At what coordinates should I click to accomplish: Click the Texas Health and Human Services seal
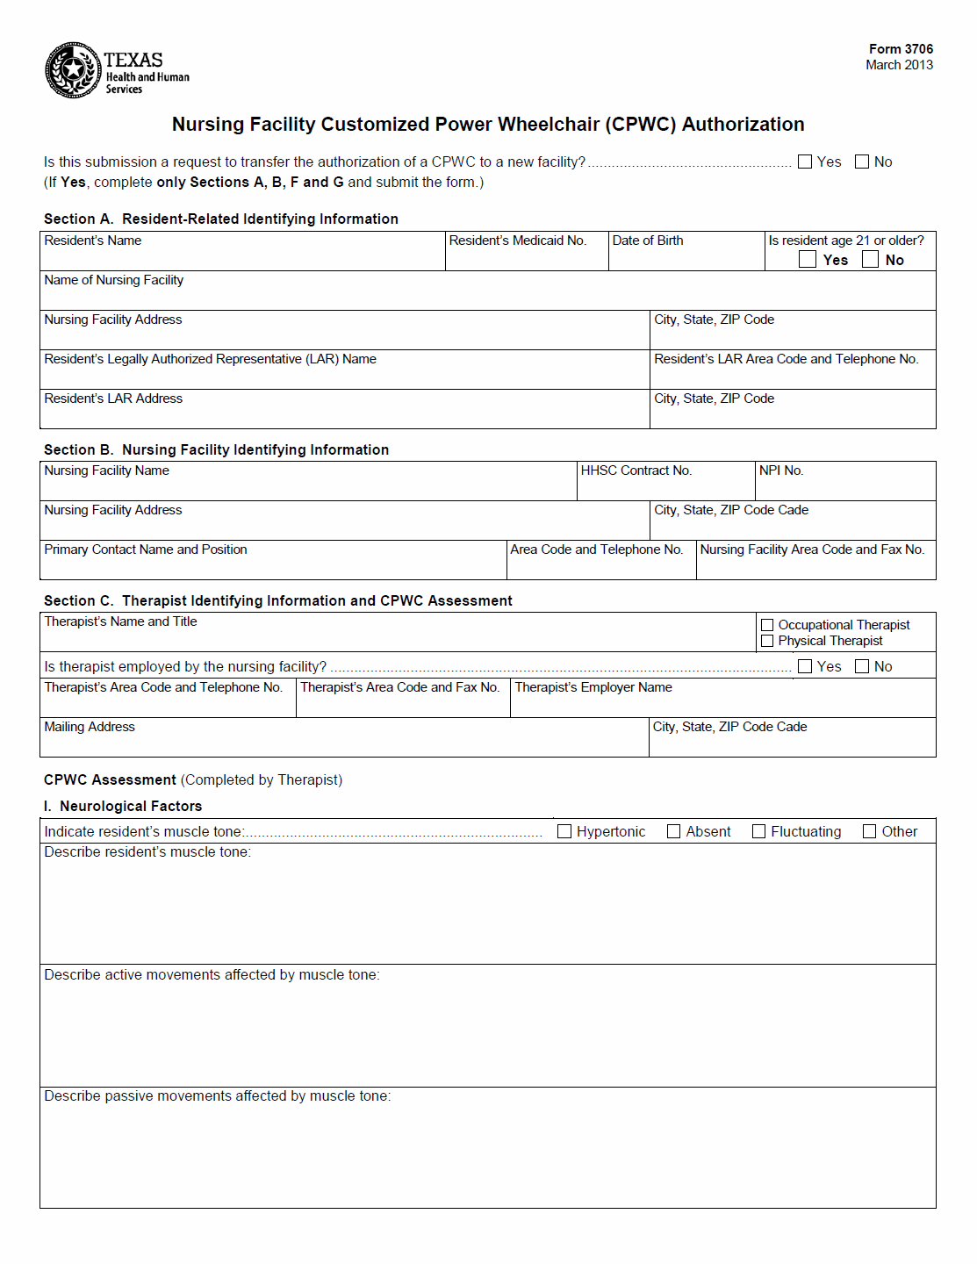[74, 69]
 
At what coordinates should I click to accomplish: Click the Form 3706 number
[901, 49]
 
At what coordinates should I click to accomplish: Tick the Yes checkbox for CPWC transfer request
[805, 162]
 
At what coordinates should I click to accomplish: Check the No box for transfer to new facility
[862, 162]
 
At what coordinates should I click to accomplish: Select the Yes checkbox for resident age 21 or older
[808, 259]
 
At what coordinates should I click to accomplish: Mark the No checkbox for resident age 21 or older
[870, 259]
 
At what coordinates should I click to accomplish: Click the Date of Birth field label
[648, 241]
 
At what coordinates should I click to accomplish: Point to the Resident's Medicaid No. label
[517, 241]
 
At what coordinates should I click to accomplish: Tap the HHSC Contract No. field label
[636, 470]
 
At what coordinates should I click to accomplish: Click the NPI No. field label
[781, 470]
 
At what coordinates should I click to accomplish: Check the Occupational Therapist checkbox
[767, 625]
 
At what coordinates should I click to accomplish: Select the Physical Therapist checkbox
[767, 641]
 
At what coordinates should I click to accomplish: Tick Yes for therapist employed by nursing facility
[805, 666]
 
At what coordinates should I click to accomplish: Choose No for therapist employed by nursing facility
[862, 666]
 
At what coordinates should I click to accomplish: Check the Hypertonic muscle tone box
[564, 831]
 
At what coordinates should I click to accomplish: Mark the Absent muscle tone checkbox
[674, 831]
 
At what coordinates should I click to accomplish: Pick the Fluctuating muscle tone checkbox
[759, 831]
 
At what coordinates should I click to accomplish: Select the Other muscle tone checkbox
[870, 831]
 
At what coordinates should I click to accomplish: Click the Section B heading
[216, 449]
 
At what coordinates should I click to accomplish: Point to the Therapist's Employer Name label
[593, 687]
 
